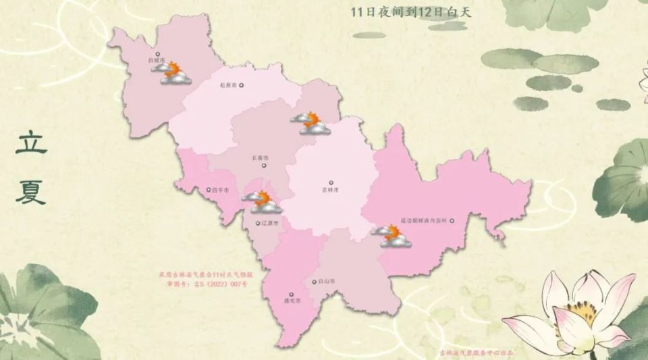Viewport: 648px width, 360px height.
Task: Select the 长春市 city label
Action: click(x=259, y=158)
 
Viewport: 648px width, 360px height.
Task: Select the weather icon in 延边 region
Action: click(x=393, y=236)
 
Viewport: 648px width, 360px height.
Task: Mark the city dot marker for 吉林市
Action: click(x=331, y=182)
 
